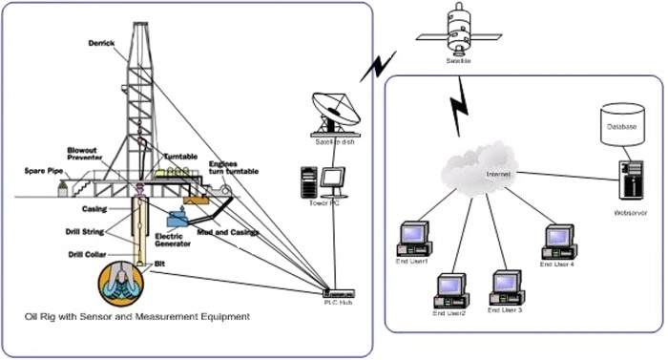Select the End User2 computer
point(450,287)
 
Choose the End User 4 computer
point(559,238)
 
